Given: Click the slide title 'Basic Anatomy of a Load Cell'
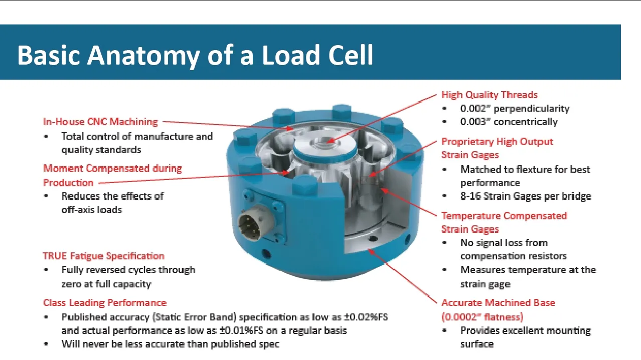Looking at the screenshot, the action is click(195, 55).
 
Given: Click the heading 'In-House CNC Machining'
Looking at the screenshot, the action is click(100, 122).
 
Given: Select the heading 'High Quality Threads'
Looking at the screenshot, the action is click(490, 95).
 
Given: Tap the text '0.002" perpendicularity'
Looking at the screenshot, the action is click(515, 108).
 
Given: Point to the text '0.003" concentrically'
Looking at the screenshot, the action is click(509, 122).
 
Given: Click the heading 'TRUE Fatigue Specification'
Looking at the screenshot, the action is click(104, 256).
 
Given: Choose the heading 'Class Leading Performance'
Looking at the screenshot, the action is click(105, 302).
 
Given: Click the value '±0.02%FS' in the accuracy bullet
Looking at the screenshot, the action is click(366, 317).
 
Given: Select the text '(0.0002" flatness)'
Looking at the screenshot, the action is click(482, 317).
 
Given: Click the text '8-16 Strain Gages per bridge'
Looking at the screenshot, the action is click(526, 196).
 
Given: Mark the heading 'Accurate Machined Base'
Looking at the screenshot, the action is click(498, 302).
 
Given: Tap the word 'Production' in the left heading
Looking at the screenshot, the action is click(68, 183).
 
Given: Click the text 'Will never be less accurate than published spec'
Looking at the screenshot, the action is click(171, 344).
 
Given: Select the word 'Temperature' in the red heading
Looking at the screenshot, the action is click(469, 216).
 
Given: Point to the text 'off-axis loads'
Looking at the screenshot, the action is click(92, 210).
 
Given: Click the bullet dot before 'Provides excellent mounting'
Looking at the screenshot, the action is click(444, 330).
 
